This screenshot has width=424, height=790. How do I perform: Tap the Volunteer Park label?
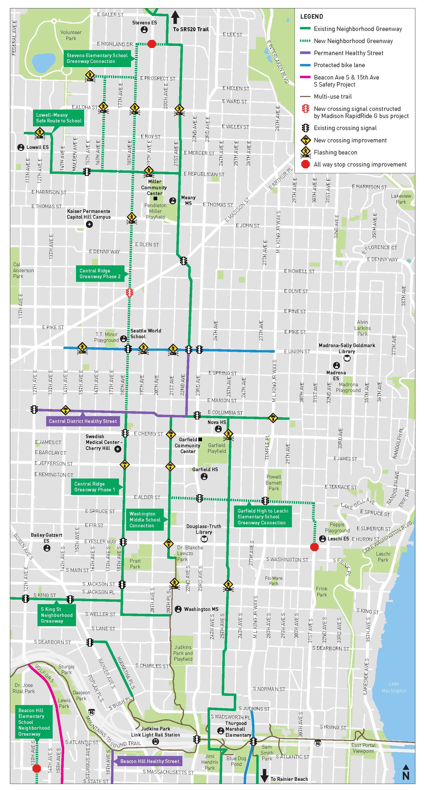(71, 35)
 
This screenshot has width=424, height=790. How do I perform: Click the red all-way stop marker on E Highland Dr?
(151, 44)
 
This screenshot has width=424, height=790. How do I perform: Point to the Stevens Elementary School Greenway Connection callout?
(97, 58)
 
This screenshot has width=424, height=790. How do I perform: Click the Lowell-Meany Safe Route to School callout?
(58, 118)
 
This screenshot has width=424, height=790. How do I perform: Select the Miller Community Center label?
(154, 187)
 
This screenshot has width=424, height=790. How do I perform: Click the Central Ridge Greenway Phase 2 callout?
(100, 273)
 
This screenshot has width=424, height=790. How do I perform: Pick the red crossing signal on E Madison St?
(129, 292)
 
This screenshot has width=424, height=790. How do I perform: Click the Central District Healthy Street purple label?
(83, 421)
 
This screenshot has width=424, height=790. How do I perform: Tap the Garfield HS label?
(205, 469)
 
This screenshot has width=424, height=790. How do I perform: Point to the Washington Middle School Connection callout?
(145, 519)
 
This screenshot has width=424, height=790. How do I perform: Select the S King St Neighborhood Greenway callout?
(56, 615)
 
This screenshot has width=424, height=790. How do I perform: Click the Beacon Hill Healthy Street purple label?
(150, 761)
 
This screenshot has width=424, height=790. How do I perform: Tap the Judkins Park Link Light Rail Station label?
(155, 732)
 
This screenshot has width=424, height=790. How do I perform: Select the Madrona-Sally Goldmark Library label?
(347, 348)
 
